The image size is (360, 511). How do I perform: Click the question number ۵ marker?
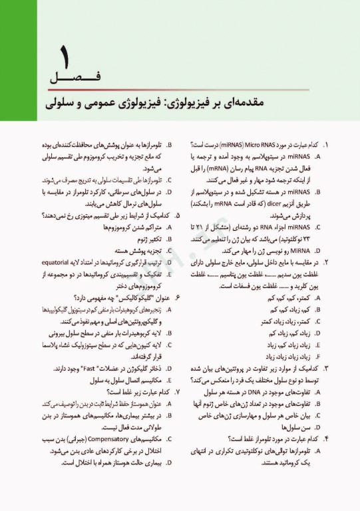176,216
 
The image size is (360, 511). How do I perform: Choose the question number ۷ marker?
176,393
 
